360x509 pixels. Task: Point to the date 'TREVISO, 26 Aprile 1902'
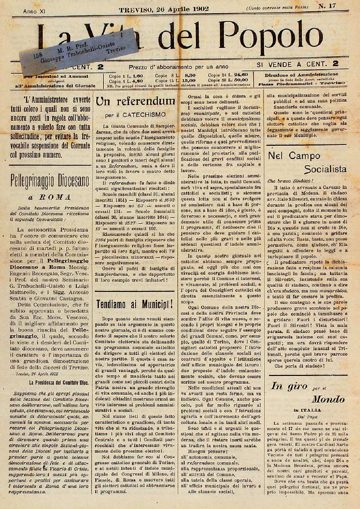[164, 9]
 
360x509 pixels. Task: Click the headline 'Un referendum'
[135, 101]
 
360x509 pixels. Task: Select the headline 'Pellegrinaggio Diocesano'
[50, 179]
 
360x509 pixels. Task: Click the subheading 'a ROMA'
[50, 197]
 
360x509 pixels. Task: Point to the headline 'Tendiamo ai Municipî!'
[135, 304]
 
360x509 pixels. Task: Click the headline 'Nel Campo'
[289, 156]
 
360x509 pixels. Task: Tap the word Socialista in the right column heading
[326, 169]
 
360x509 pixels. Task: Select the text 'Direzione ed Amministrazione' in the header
[301, 74]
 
